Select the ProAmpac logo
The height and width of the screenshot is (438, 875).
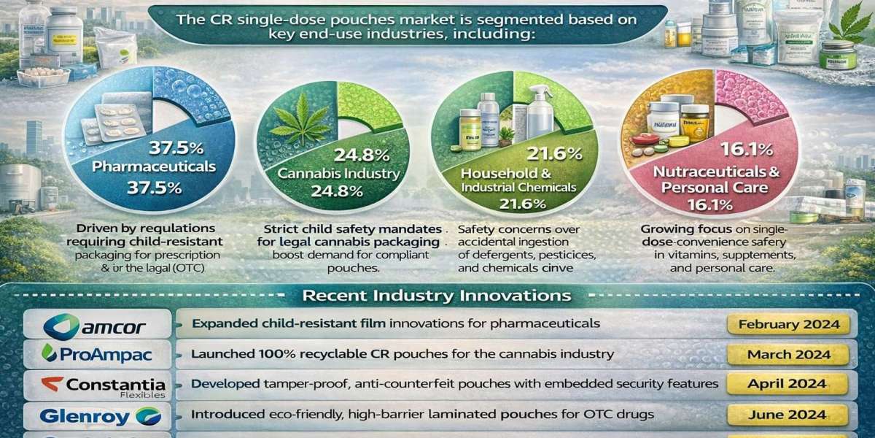pyautogui.click(x=97, y=355)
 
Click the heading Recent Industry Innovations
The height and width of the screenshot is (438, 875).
pyautogui.click(x=437, y=296)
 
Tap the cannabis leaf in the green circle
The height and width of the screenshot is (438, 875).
pyautogui.click(x=301, y=125)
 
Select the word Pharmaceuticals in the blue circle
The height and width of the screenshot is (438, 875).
pyautogui.click(x=154, y=166)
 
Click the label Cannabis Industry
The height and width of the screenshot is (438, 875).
pyautogui.click(x=338, y=174)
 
